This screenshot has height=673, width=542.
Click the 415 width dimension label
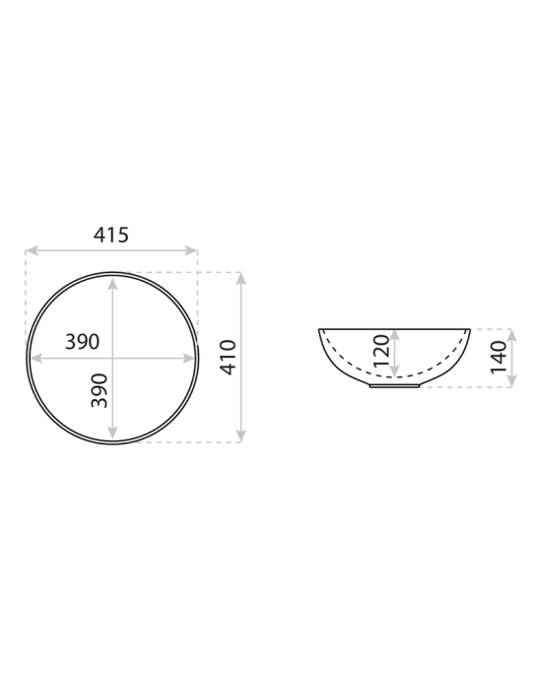(111, 235)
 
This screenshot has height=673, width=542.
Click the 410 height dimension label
(229, 357)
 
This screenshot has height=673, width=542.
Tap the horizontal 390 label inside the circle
(82, 342)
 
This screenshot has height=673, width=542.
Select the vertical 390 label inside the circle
(100, 390)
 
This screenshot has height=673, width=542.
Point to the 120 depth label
(381, 351)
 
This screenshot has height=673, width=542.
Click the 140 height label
(499, 357)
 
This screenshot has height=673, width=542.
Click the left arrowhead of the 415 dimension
(32, 250)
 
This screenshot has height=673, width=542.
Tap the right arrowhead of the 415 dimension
(191, 250)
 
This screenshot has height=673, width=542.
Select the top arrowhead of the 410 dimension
(241, 279)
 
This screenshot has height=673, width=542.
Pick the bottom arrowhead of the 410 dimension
(241, 437)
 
